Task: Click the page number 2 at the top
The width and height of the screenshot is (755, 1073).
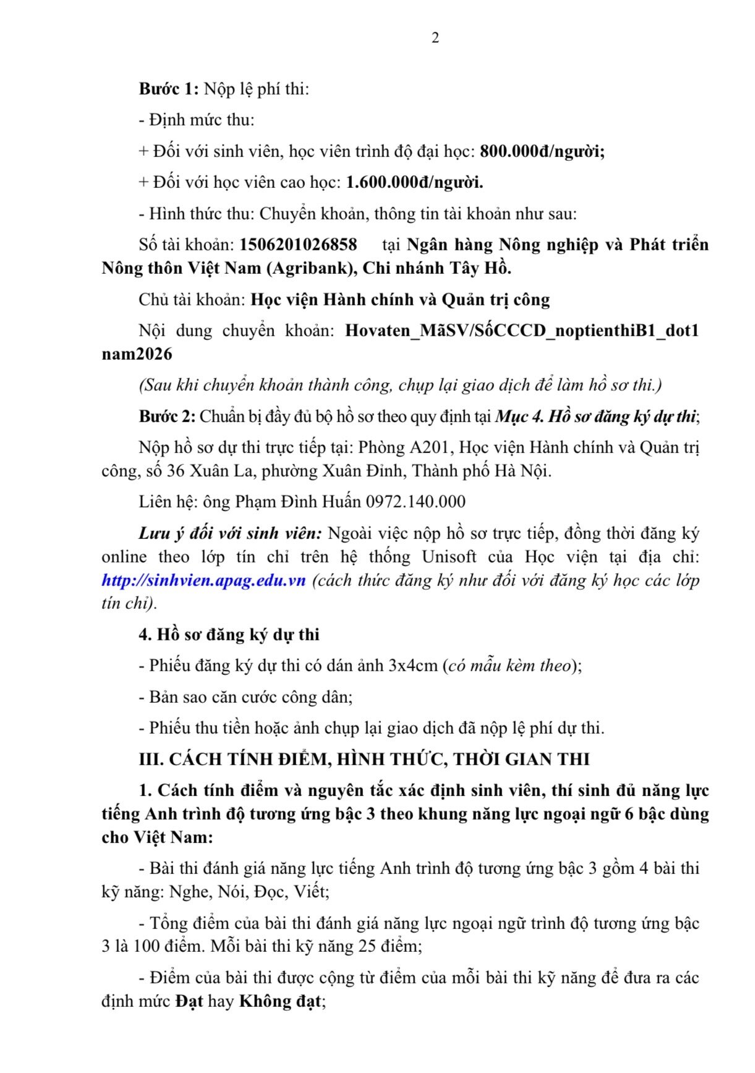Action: point(435,38)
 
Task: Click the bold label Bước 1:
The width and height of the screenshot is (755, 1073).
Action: point(168,90)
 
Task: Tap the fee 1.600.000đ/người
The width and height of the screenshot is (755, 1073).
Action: point(414,182)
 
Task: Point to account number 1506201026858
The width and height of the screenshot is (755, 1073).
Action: point(298,245)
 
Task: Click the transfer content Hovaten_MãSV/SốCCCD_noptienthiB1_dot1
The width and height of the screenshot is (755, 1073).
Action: point(521,331)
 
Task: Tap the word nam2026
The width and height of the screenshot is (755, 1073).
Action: point(137,354)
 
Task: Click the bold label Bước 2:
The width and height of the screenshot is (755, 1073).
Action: point(167,417)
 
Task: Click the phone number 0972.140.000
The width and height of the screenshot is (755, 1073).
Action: point(416,502)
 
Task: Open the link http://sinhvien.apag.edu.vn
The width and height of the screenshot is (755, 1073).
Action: point(204,581)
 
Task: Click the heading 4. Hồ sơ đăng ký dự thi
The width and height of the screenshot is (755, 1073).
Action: point(229,635)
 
